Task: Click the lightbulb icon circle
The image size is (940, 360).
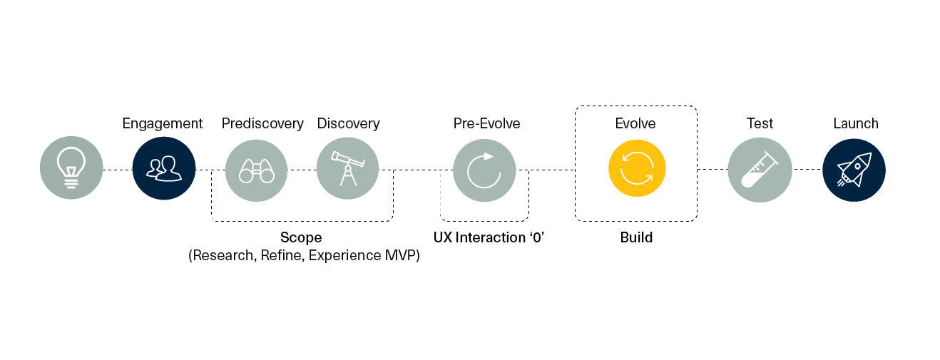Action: click(71, 168)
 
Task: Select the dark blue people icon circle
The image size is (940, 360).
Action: click(164, 168)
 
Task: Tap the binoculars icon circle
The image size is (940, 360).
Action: click(257, 170)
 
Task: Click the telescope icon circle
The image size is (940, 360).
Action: click(347, 169)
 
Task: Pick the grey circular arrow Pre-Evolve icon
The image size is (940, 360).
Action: click(484, 170)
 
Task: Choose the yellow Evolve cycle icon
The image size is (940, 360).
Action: click(637, 168)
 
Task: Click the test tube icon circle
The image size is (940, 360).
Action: click(760, 170)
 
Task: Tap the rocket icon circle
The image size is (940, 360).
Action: click(854, 170)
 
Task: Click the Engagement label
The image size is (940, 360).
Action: click(163, 124)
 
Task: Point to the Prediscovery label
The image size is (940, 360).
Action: click(262, 123)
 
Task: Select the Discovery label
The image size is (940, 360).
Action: click(348, 123)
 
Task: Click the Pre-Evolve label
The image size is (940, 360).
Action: click(487, 123)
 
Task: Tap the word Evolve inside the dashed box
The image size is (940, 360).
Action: click(635, 123)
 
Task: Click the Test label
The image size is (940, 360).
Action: click(760, 123)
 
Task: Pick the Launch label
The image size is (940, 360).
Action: click(856, 123)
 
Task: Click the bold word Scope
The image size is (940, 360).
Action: click(301, 238)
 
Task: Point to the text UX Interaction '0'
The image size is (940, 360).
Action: click(489, 237)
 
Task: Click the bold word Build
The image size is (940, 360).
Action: click(636, 237)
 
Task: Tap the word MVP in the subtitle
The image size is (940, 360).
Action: click(400, 255)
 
